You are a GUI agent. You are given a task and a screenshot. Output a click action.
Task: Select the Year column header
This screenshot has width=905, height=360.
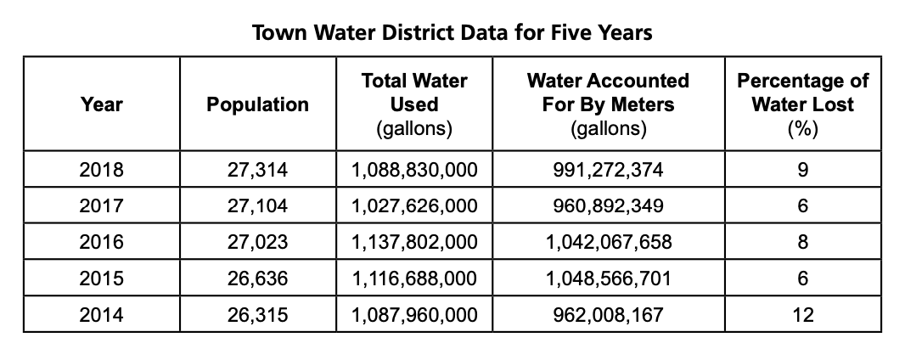click(x=102, y=104)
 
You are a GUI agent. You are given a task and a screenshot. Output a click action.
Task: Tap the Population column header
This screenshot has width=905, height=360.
click(x=258, y=104)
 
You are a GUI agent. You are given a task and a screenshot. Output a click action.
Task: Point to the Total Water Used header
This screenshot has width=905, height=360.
click(x=414, y=104)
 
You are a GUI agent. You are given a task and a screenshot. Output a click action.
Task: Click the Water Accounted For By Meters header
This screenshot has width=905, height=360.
click(x=608, y=104)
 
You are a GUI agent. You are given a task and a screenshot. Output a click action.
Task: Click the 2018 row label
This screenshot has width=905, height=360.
click(x=102, y=170)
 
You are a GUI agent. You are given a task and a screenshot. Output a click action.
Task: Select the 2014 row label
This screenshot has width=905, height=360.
click(x=102, y=315)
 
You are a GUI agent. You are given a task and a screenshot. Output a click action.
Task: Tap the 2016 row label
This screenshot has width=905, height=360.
click(x=102, y=242)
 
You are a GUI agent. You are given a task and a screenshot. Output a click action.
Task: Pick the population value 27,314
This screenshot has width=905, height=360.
click(x=258, y=170)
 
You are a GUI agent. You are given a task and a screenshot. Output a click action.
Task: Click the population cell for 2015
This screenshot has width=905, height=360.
click(x=258, y=278)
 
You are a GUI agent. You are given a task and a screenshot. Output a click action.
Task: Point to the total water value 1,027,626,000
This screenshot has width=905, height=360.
click(x=414, y=206)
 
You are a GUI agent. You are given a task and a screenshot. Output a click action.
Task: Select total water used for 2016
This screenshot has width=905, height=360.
click(x=414, y=242)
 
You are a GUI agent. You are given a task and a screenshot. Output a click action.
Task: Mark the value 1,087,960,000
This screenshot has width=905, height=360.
click(x=414, y=315)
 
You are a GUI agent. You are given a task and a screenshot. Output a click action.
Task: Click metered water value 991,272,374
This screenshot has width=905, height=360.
click(x=608, y=170)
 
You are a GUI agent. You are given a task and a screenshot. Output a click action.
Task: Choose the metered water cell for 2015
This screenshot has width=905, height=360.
click(x=608, y=278)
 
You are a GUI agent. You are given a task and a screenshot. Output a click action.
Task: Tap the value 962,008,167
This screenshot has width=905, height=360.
click(x=608, y=315)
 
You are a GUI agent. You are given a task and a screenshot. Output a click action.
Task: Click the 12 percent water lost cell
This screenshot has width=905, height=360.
click(x=802, y=315)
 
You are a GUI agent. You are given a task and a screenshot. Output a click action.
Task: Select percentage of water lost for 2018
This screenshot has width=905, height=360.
click(x=802, y=170)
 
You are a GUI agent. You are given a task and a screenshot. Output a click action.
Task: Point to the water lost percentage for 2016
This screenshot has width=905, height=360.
click(x=802, y=242)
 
